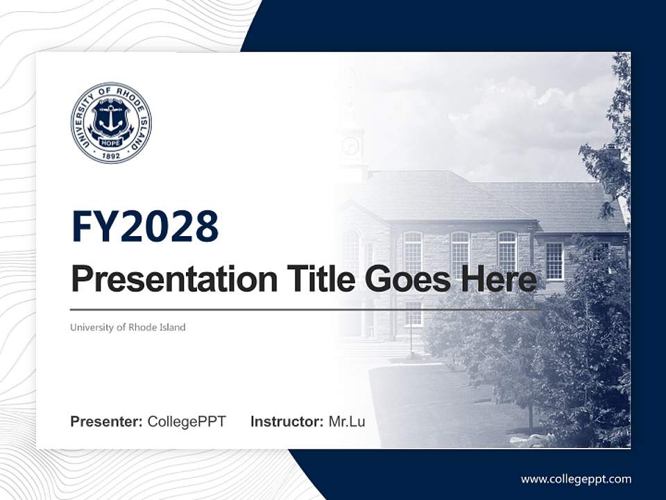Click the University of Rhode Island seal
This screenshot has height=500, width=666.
(111, 122)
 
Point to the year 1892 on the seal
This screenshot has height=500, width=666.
(111, 156)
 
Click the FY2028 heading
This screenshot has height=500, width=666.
(145, 226)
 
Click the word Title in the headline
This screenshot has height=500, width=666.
(311, 279)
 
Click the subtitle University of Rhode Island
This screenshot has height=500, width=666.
(128, 327)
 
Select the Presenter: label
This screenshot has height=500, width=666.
(107, 422)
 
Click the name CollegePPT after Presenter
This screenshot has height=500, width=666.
(187, 422)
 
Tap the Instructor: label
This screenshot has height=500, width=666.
(287, 422)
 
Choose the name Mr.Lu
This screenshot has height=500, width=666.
(347, 422)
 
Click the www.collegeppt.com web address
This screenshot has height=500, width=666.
(576, 478)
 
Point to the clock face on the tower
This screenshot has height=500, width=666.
(351, 146)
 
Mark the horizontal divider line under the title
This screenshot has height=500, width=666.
(305, 310)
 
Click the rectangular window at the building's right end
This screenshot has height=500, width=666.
(554, 260)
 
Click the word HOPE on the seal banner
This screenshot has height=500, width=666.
(111, 142)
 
